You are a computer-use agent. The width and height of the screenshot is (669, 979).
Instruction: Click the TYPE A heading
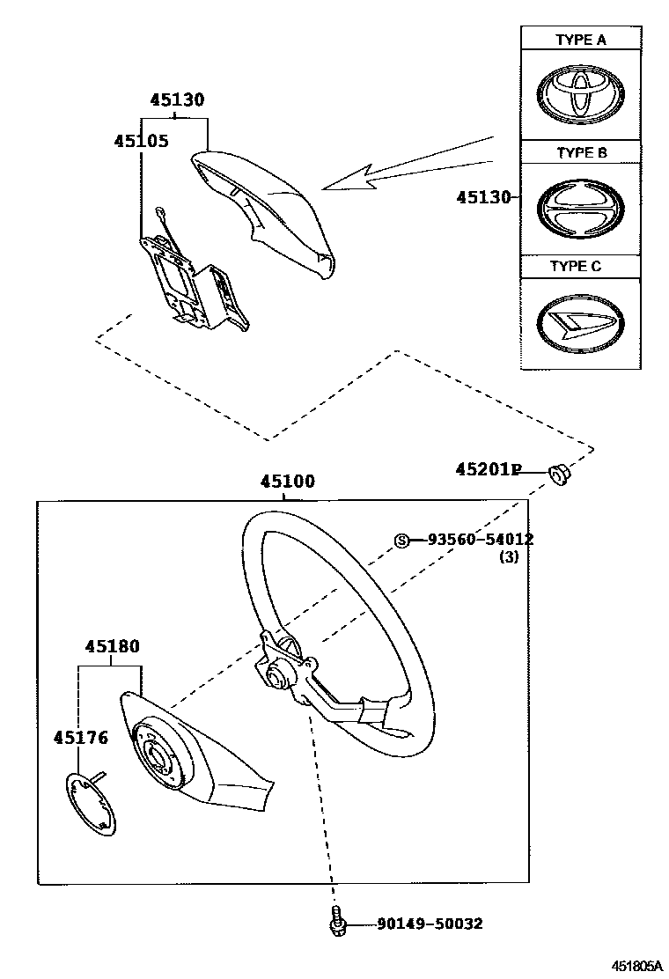click(x=580, y=40)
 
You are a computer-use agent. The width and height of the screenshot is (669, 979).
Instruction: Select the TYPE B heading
click(x=581, y=152)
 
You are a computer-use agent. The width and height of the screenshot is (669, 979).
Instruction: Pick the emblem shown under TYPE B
click(x=580, y=210)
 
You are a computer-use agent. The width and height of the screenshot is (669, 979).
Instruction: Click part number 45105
click(x=141, y=141)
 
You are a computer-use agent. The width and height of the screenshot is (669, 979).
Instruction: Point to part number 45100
click(x=287, y=482)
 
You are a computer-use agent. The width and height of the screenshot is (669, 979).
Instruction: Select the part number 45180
click(x=112, y=647)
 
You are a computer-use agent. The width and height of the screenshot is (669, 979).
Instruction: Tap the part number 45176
click(x=80, y=737)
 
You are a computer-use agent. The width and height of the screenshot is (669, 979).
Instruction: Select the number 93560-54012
click(x=481, y=540)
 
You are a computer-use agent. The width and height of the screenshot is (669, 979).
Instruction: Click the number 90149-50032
click(x=430, y=924)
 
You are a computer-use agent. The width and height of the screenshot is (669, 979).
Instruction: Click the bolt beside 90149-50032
click(x=335, y=919)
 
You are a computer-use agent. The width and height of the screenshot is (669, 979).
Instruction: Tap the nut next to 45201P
click(x=558, y=475)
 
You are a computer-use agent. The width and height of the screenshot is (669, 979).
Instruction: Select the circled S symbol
click(x=401, y=541)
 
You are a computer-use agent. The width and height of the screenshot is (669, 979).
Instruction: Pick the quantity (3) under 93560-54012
click(x=509, y=556)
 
